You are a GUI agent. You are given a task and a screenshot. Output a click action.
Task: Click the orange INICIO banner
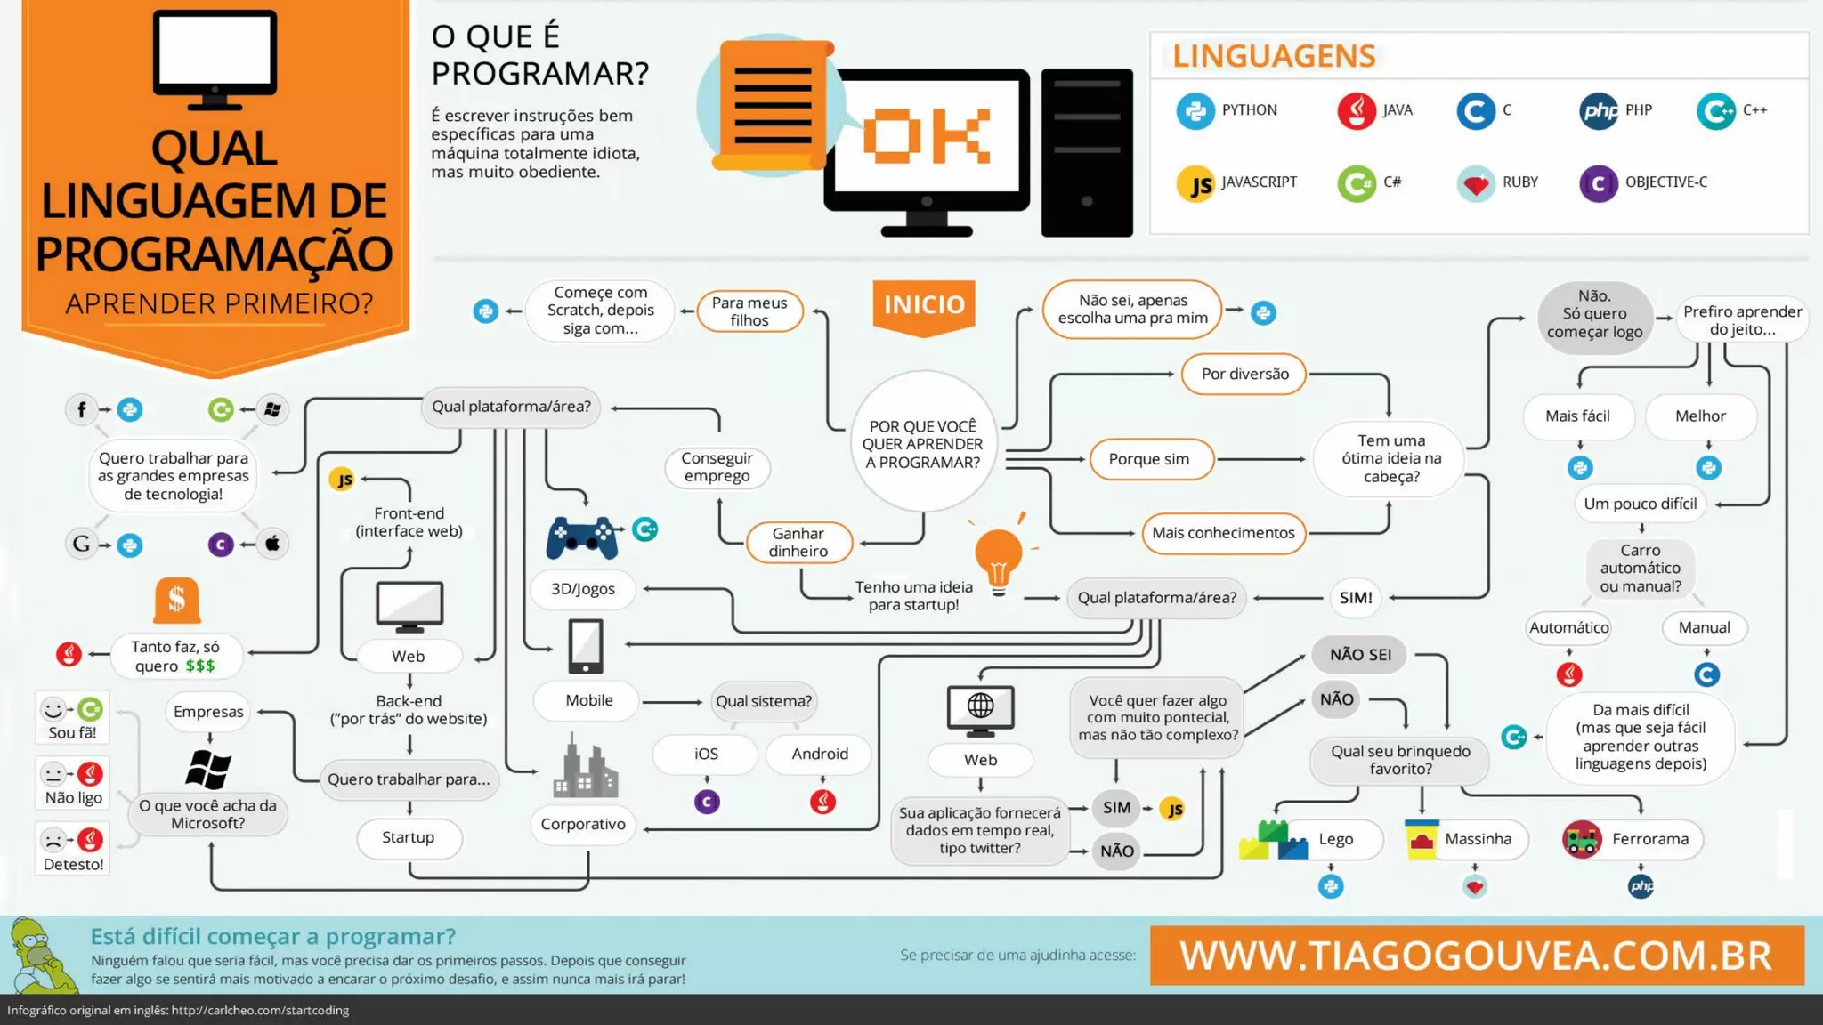pos(924,305)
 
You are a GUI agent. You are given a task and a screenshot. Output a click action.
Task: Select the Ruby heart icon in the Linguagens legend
pos(1476,184)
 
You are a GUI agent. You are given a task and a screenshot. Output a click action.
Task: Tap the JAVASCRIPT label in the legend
pos(1259,182)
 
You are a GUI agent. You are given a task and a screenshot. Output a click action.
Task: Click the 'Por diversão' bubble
pos(1244,375)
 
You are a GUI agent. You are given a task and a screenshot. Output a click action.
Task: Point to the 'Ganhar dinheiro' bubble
pos(798,542)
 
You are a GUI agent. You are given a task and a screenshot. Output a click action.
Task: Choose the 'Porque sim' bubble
pos(1148,459)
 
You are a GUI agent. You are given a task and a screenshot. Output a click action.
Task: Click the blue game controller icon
pos(582,537)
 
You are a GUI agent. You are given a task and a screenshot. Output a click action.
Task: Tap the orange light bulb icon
pos(999,556)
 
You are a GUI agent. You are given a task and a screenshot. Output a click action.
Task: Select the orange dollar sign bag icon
pos(176,601)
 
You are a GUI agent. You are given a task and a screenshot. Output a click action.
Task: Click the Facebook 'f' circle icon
pos(81,409)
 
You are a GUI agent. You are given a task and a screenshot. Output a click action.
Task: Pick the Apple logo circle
pos(272,544)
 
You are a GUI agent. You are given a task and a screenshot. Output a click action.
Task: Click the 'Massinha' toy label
pos(1478,839)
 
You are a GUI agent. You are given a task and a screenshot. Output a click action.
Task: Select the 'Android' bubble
pos(820,754)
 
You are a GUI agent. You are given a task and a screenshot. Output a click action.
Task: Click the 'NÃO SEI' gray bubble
pos(1360,655)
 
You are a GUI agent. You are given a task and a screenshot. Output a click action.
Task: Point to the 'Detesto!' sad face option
pos(73,850)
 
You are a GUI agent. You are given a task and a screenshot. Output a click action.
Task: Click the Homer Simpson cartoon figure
pos(41,956)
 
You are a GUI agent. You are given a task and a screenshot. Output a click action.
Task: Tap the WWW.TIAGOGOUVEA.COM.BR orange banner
pos(1476,956)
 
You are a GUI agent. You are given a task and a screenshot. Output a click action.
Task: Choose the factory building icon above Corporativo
pos(585,768)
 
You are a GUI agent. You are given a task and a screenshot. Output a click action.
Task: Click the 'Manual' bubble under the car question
pos(1704,628)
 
